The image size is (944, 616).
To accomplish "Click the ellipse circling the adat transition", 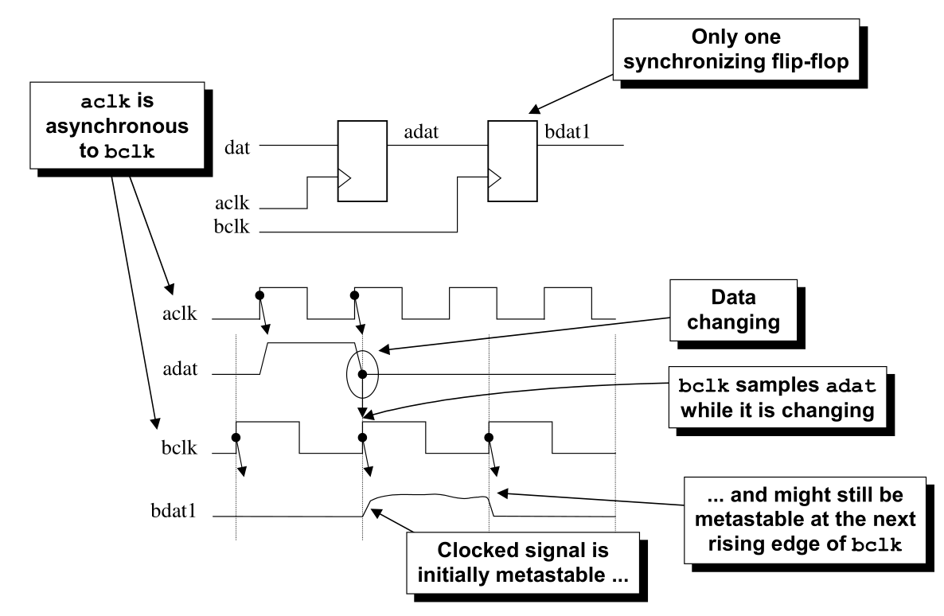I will (x=363, y=374).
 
